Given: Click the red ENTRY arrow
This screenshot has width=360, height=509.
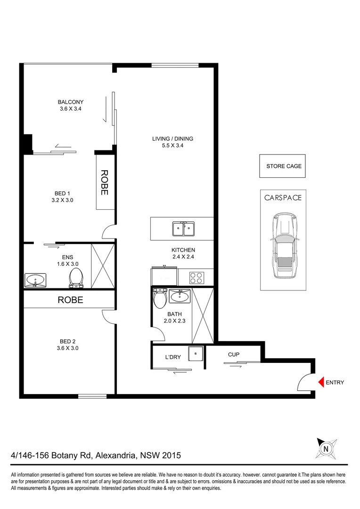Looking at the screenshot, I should (x=321, y=382).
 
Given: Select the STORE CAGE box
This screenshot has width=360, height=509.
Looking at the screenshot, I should (x=284, y=166).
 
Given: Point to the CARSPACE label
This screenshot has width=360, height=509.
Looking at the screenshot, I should (x=283, y=198).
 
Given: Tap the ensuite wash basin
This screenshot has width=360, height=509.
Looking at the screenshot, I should (x=35, y=280).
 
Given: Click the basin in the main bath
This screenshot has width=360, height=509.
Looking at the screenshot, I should (x=180, y=296).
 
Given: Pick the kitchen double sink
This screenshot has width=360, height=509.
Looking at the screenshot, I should (x=183, y=229).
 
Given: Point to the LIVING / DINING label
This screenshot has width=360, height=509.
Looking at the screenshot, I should (x=172, y=142).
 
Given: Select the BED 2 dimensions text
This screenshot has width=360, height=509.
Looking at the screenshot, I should (x=65, y=348).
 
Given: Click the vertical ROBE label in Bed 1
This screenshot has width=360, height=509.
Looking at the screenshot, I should (x=104, y=183).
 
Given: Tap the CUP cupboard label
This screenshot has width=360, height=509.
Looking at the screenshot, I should (x=233, y=354).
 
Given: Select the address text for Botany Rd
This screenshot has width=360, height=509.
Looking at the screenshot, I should (x=96, y=456).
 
